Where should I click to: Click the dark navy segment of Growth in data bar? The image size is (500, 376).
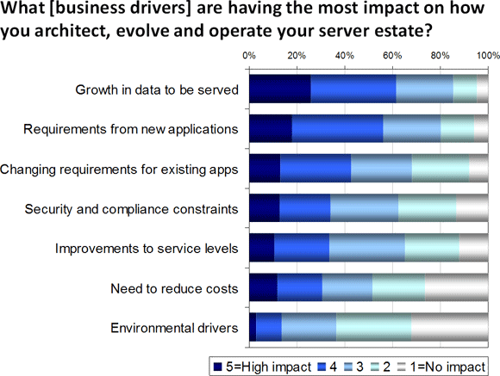(x=280, y=89)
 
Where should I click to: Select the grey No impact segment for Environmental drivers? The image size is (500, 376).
(x=450, y=327)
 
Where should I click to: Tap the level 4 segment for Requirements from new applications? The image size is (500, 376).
(x=337, y=128)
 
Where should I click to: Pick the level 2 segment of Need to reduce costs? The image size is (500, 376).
(x=398, y=287)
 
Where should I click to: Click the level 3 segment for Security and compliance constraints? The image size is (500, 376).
(x=364, y=208)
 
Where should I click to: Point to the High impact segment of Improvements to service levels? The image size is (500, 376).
(x=262, y=248)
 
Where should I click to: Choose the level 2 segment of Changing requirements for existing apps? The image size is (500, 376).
(x=441, y=168)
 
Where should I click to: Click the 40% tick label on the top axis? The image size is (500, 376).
(x=345, y=56)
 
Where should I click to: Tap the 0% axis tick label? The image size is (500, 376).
(x=249, y=56)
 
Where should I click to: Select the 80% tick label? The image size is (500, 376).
(x=440, y=56)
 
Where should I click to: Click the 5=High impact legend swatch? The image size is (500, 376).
(x=217, y=367)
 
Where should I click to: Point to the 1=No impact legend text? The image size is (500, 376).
(x=447, y=367)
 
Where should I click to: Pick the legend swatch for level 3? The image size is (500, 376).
(x=348, y=367)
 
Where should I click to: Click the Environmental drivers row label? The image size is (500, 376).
(x=174, y=328)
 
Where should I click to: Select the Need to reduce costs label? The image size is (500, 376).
(x=174, y=288)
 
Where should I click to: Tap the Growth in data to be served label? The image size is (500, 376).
(x=157, y=89)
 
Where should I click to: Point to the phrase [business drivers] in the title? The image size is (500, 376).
(x=120, y=9)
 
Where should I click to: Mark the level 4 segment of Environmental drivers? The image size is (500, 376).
(x=269, y=327)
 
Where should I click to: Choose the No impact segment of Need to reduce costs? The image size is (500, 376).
(x=457, y=287)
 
